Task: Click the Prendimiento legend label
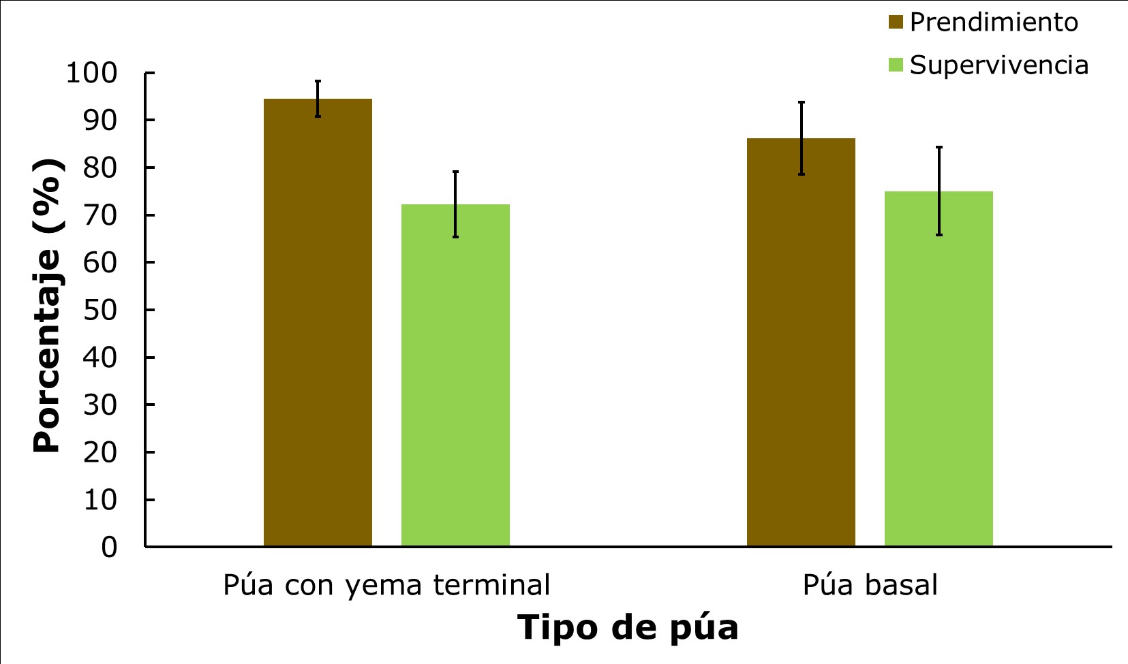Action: (994, 22)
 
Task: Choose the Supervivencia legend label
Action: (999, 65)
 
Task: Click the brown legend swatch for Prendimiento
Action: (896, 22)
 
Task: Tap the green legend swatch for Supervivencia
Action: (896, 65)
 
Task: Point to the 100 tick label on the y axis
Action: (91, 73)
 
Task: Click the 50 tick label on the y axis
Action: (100, 310)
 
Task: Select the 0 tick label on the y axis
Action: (109, 547)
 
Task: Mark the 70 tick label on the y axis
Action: (100, 215)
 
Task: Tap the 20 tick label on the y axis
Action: (100, 452)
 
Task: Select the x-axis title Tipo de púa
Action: (628, 627)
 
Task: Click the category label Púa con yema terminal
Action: (386, 585)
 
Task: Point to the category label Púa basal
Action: (870, 585)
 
